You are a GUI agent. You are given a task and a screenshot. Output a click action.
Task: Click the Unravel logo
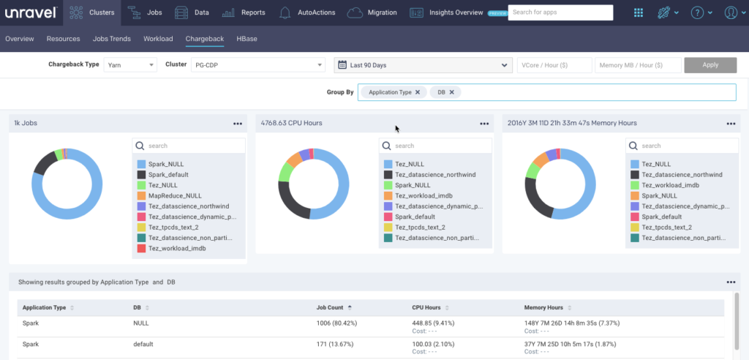pos(31,12)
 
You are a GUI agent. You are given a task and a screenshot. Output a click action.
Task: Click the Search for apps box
pos(560,12)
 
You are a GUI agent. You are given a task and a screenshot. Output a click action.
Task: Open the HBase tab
pos(246,38)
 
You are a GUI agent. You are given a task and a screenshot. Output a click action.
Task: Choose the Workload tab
pos(158,38)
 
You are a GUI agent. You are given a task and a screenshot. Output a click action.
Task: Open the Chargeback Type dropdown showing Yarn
pos(130,65)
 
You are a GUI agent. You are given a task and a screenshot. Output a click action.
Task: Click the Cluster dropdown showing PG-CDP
pos(258,65)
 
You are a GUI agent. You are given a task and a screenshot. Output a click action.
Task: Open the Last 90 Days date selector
pos(423,65)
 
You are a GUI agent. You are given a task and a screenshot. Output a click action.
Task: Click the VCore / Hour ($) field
pos(554,65)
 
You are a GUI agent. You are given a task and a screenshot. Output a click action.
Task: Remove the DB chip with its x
pos(452,92)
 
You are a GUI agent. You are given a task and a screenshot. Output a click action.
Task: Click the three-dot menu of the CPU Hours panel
pos(484,124)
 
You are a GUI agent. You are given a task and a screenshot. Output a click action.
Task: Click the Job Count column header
pos(331,307)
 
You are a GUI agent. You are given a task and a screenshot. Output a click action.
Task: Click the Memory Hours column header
pos(543,307)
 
